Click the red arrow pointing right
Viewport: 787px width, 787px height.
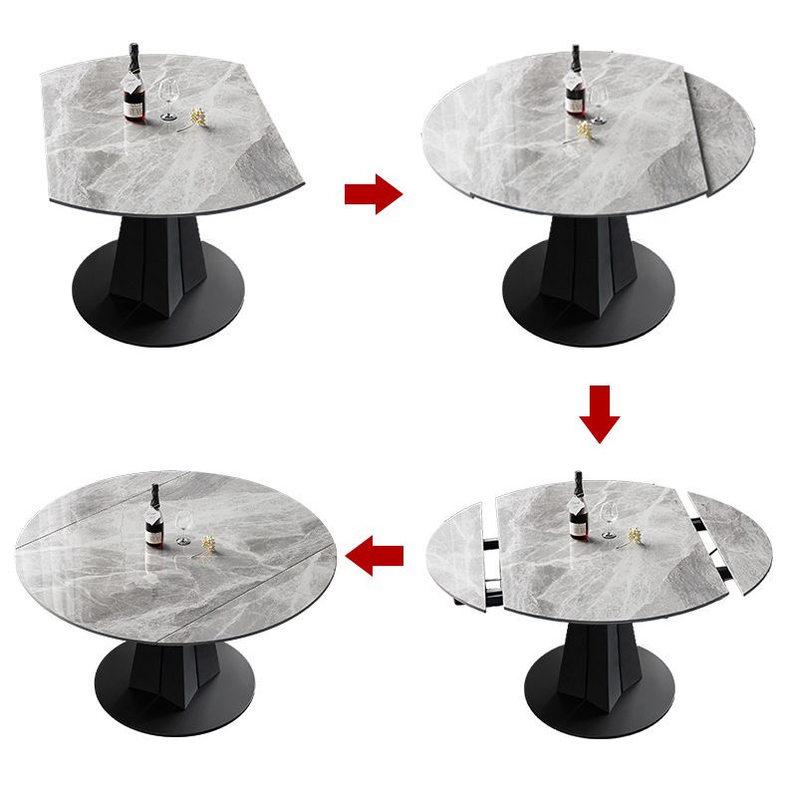[373, 193]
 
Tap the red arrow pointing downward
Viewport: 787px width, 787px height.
[599, 412]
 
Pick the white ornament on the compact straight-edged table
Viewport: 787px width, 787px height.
[197, 119]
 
